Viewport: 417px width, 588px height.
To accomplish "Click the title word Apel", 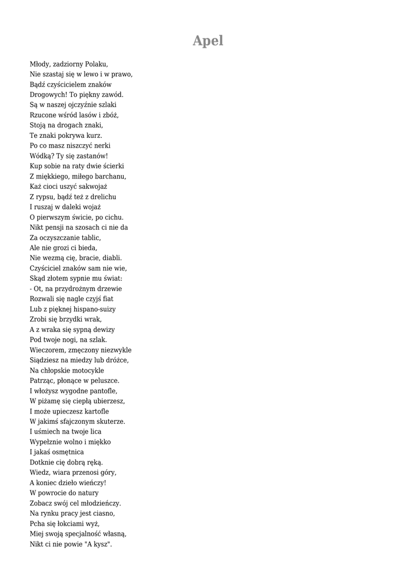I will (208, 41).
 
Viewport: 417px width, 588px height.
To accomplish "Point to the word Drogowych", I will (48, 95).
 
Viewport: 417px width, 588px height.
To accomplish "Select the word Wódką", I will (41, 156).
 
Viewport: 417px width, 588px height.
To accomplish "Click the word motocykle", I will (86, 371).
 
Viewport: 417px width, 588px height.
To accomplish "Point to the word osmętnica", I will (62, 452).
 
